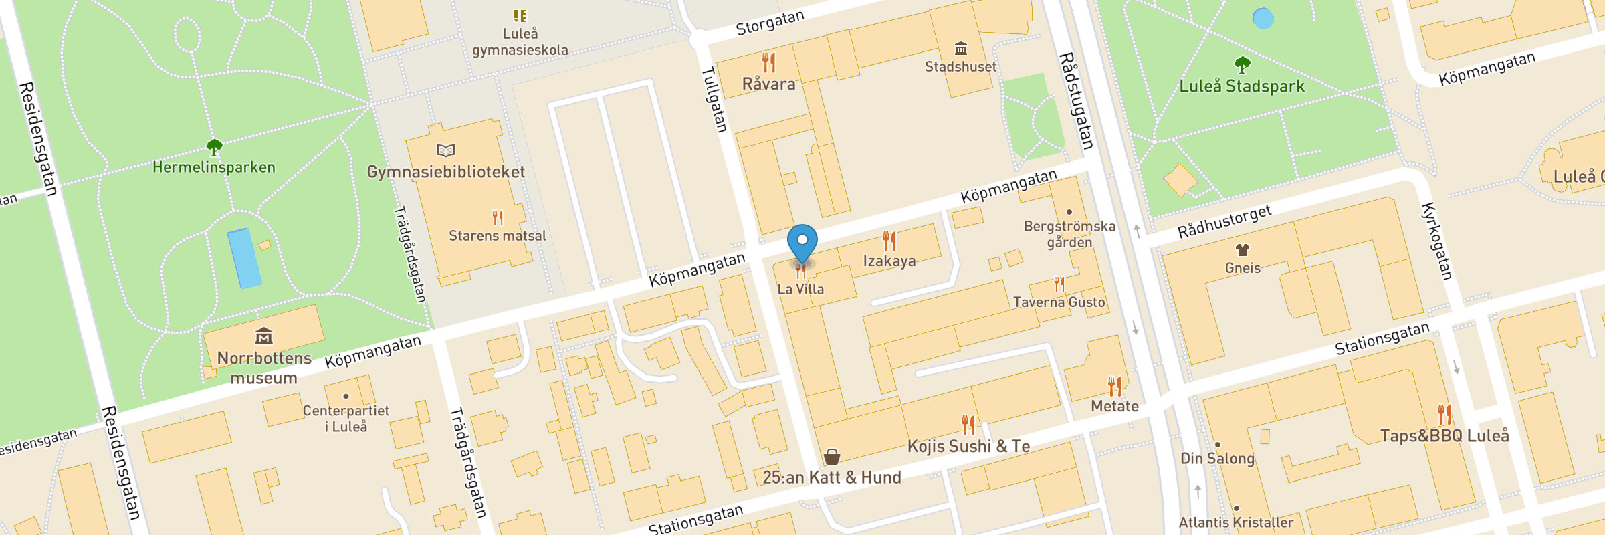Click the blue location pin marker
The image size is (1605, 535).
pyautogui.click(x=802, y=243)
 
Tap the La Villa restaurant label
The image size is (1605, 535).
pyautogui.click(x=800, y=289)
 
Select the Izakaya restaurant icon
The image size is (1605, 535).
pyautogui.click(x=889, y=241)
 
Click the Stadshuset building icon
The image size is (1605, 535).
pyautogui.click(x=961, y=48)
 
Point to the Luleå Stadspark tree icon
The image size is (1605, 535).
pyautogui.click(x=1242, y=65)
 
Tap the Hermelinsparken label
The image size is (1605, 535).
pyautogui.click(x=214, y=167)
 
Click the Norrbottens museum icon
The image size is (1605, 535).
pyautogui.click(x=264, y=336)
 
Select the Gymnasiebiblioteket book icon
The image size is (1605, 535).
pyautogui.click(x=446, y=150)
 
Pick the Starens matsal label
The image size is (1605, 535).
pyautogui.click(x=497, y=235)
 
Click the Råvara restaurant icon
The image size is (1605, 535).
pyautogui.click(x=769, y=62)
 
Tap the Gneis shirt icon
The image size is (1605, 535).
pyautogui.click(x=1243, y=250)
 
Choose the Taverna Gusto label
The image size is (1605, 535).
pyautogui.click(x=1059, y=302)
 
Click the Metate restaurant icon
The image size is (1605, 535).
pyautogui.click(x=1115, y=387)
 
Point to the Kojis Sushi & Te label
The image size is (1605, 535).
pyautogui.click(x=968, y=446)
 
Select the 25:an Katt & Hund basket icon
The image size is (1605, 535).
pyautogui.click(x=832, y=457)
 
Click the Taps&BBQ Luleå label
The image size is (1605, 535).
pyautogui.click(x=1444, y=436)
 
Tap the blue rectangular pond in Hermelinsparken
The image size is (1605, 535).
pyautogui.click(x=244, y=258)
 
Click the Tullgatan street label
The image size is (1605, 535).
pyautogui.click(x=714, y=99)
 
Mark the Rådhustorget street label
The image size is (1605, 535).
pyautogui.click(x=1224, y=221)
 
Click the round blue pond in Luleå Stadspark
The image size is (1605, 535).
pyautogui.click(x=1263, y=18)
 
